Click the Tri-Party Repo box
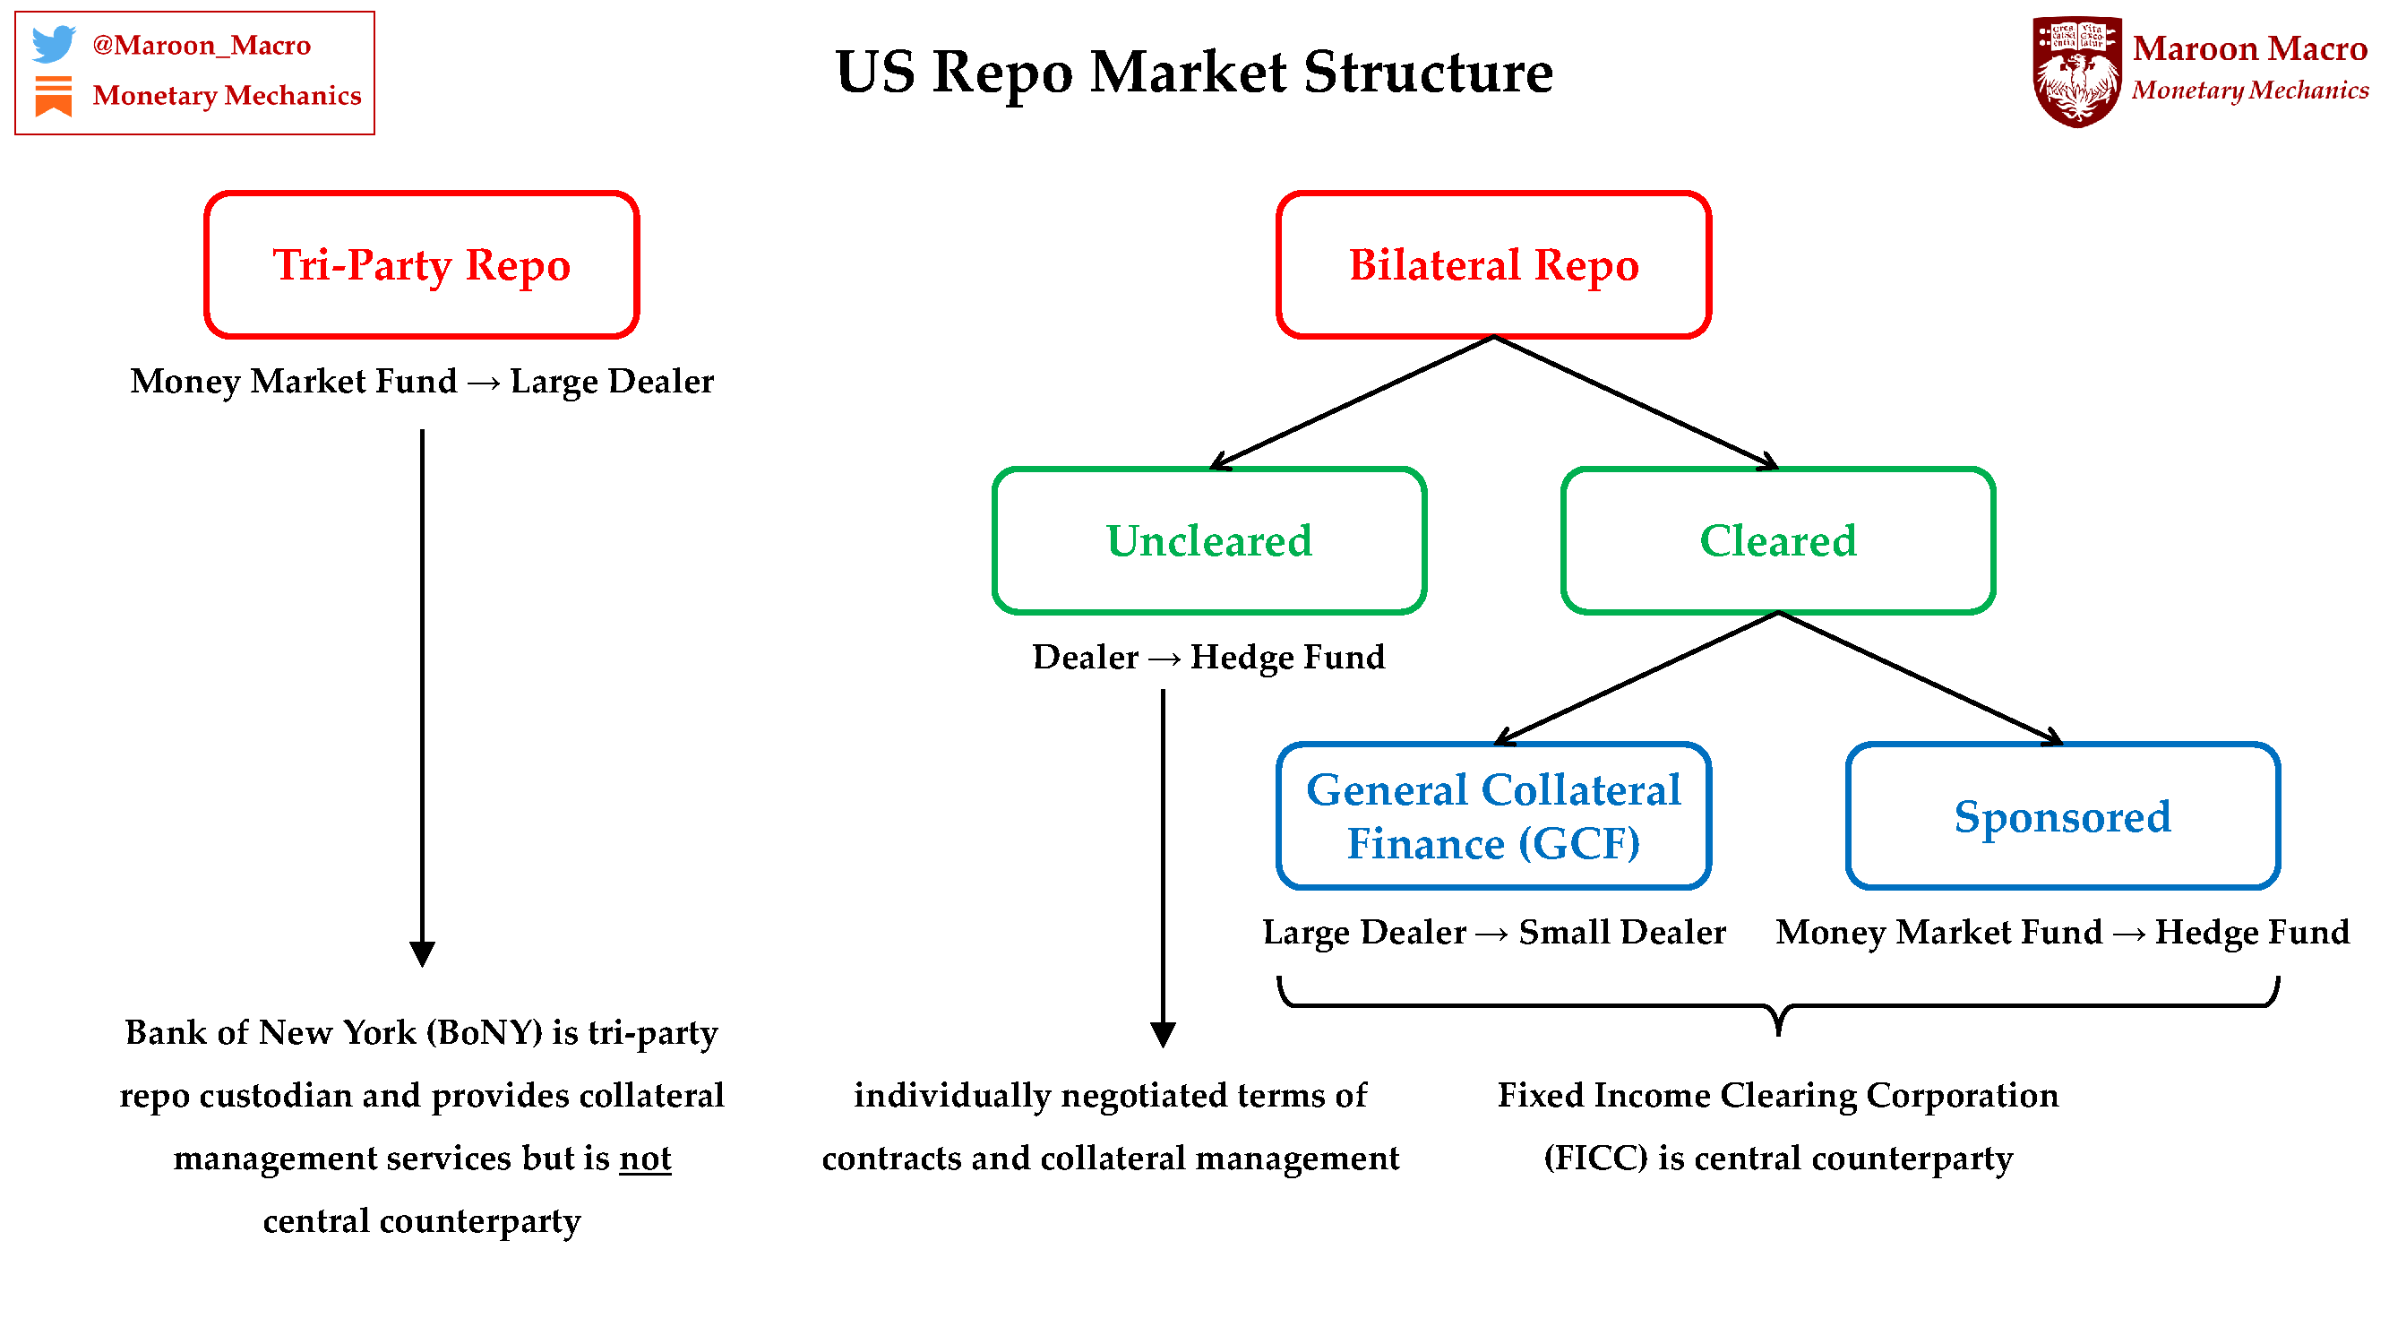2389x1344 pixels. tap(421, 264)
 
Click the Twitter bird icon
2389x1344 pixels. tap(53, 44)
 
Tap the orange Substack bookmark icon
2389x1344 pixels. tap(53, 96)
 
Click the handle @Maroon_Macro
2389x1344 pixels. tap(202, 45)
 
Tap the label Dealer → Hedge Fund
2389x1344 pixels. tap(1208, 657)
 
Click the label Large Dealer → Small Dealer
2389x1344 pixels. tap(1493, 931)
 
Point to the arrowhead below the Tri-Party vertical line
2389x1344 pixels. tap(422, 953)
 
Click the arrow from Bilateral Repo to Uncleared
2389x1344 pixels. tap(1353, 401)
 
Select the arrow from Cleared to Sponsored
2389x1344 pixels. tap(1920, 677)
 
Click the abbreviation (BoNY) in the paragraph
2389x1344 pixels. tap(483, 1031)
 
